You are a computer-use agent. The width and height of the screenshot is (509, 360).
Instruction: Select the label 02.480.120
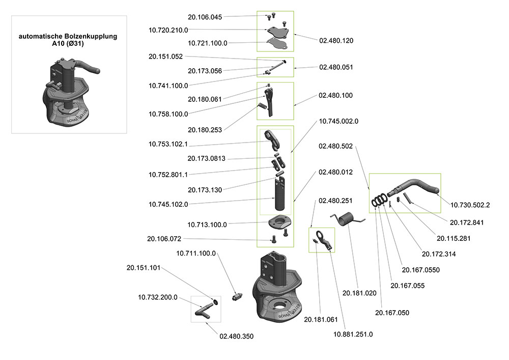tap(336, 40)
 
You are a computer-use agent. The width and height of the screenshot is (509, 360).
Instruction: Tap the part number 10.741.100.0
tap(168, 85)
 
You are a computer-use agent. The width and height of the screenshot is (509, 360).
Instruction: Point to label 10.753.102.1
tap(168, 144)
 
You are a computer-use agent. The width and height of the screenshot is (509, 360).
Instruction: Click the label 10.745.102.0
tap(168, 204)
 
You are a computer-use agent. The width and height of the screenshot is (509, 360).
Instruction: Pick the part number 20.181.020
tap(359, 293)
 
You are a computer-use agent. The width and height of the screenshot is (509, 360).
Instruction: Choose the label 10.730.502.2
tap(470, 205)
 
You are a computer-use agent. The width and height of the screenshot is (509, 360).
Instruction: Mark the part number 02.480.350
tap(236, 336)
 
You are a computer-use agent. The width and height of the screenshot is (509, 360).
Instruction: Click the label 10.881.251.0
tap(353, 334)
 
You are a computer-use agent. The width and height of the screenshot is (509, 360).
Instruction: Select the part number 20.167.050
tap(392, 313)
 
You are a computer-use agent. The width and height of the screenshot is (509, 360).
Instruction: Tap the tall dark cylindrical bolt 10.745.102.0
tap(280, 196)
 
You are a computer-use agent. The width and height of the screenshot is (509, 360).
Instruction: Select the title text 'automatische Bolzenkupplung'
tap(68, 37)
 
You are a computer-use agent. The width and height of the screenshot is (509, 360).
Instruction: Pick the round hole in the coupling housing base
tap(280, 306)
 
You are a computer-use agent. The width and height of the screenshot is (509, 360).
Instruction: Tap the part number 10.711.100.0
tap(196, 253)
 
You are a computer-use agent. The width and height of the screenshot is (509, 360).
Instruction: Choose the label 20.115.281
tap(454, 238)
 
